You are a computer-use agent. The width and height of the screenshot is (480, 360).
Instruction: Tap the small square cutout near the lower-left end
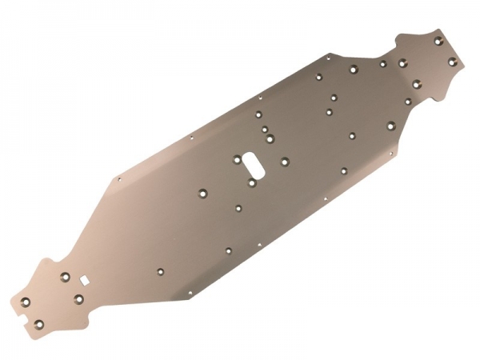coord(82,280)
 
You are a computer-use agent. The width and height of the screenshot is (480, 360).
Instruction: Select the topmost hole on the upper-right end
coord(438,41)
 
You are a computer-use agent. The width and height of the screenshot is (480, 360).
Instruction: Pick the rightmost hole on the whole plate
coord(452,62)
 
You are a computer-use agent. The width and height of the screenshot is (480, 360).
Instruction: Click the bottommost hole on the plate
coord(38,324)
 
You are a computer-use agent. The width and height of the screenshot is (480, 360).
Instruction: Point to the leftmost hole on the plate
coord(25,302)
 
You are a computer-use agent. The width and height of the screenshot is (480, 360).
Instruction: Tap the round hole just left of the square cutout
coord(66,277)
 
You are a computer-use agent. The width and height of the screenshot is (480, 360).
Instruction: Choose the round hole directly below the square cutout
coord(79,298)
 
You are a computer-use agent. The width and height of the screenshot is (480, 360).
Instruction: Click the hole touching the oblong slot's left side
coord(236,159)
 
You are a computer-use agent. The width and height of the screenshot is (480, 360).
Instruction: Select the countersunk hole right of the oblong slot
coord(284,161)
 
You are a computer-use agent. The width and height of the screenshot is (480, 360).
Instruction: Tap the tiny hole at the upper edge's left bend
coord(119,179)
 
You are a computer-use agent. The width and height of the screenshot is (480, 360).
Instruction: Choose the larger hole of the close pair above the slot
coord(270,138)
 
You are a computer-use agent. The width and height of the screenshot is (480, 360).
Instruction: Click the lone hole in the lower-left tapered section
coord(162,271)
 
